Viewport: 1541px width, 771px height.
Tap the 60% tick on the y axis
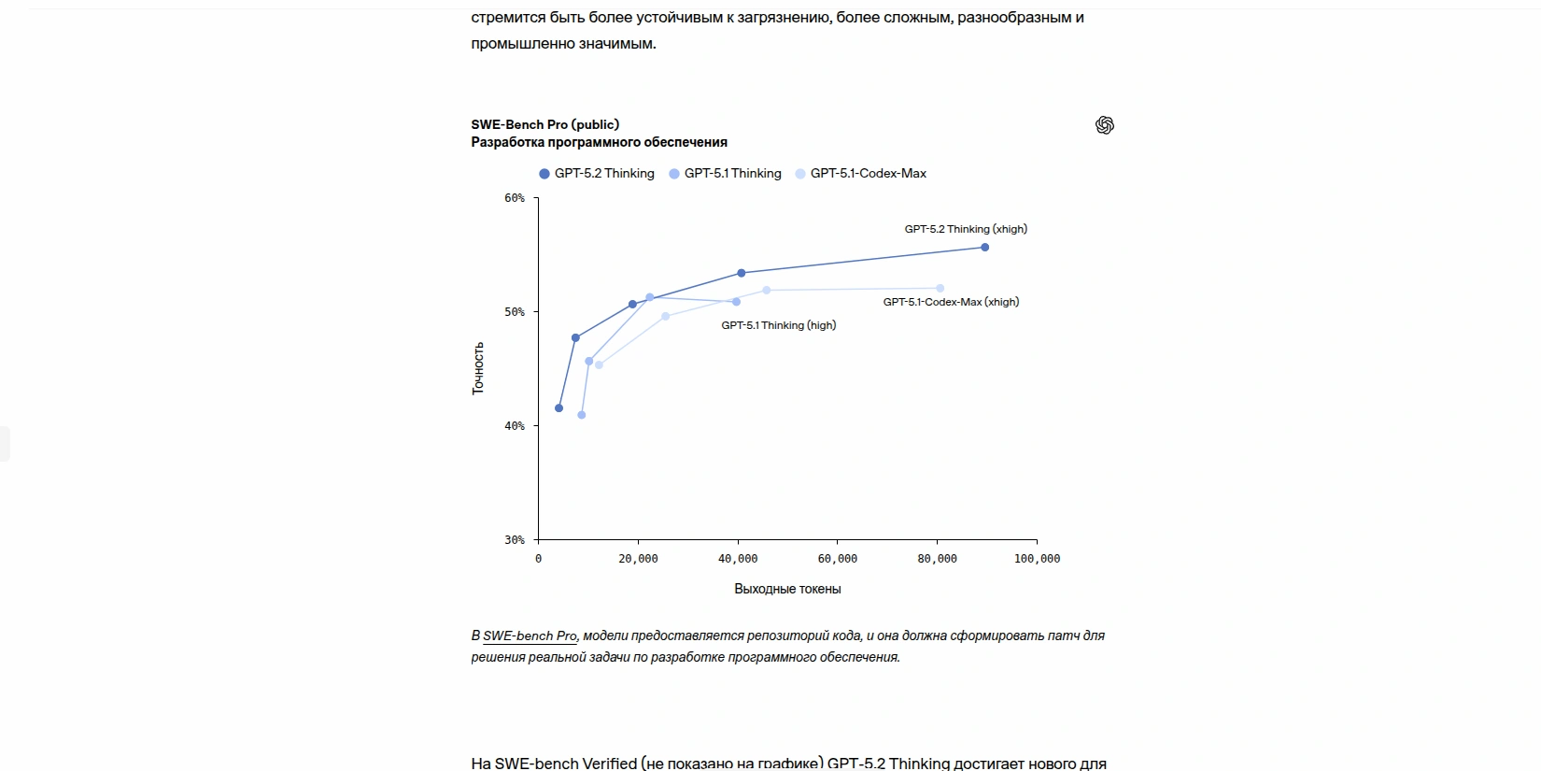coord(515,198)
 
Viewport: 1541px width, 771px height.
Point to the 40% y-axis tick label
coord(515,426)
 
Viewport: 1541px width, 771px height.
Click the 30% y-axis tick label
coord(515,540)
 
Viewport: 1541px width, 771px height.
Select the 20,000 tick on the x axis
coord(638,559)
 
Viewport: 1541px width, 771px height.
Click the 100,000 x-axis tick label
coord(1037,559)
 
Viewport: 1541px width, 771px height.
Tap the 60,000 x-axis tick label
coord(838,559)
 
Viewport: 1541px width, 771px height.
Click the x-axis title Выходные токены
coord(787,590)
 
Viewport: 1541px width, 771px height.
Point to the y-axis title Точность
coord(478,368)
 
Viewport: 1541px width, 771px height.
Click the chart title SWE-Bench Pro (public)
coord(544,124)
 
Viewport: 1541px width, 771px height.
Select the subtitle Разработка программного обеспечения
coord(599,142)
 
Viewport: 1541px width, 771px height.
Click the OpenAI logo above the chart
coord(1105,125)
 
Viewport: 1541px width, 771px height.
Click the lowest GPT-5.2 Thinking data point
coord(559,408)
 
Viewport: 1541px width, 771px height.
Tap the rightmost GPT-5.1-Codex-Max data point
coord(940,289)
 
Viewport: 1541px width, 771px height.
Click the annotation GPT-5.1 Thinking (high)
coord(778,325)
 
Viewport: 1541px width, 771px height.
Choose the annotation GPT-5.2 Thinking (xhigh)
coord(965,229)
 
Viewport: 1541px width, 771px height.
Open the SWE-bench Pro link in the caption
coord(530,636)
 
